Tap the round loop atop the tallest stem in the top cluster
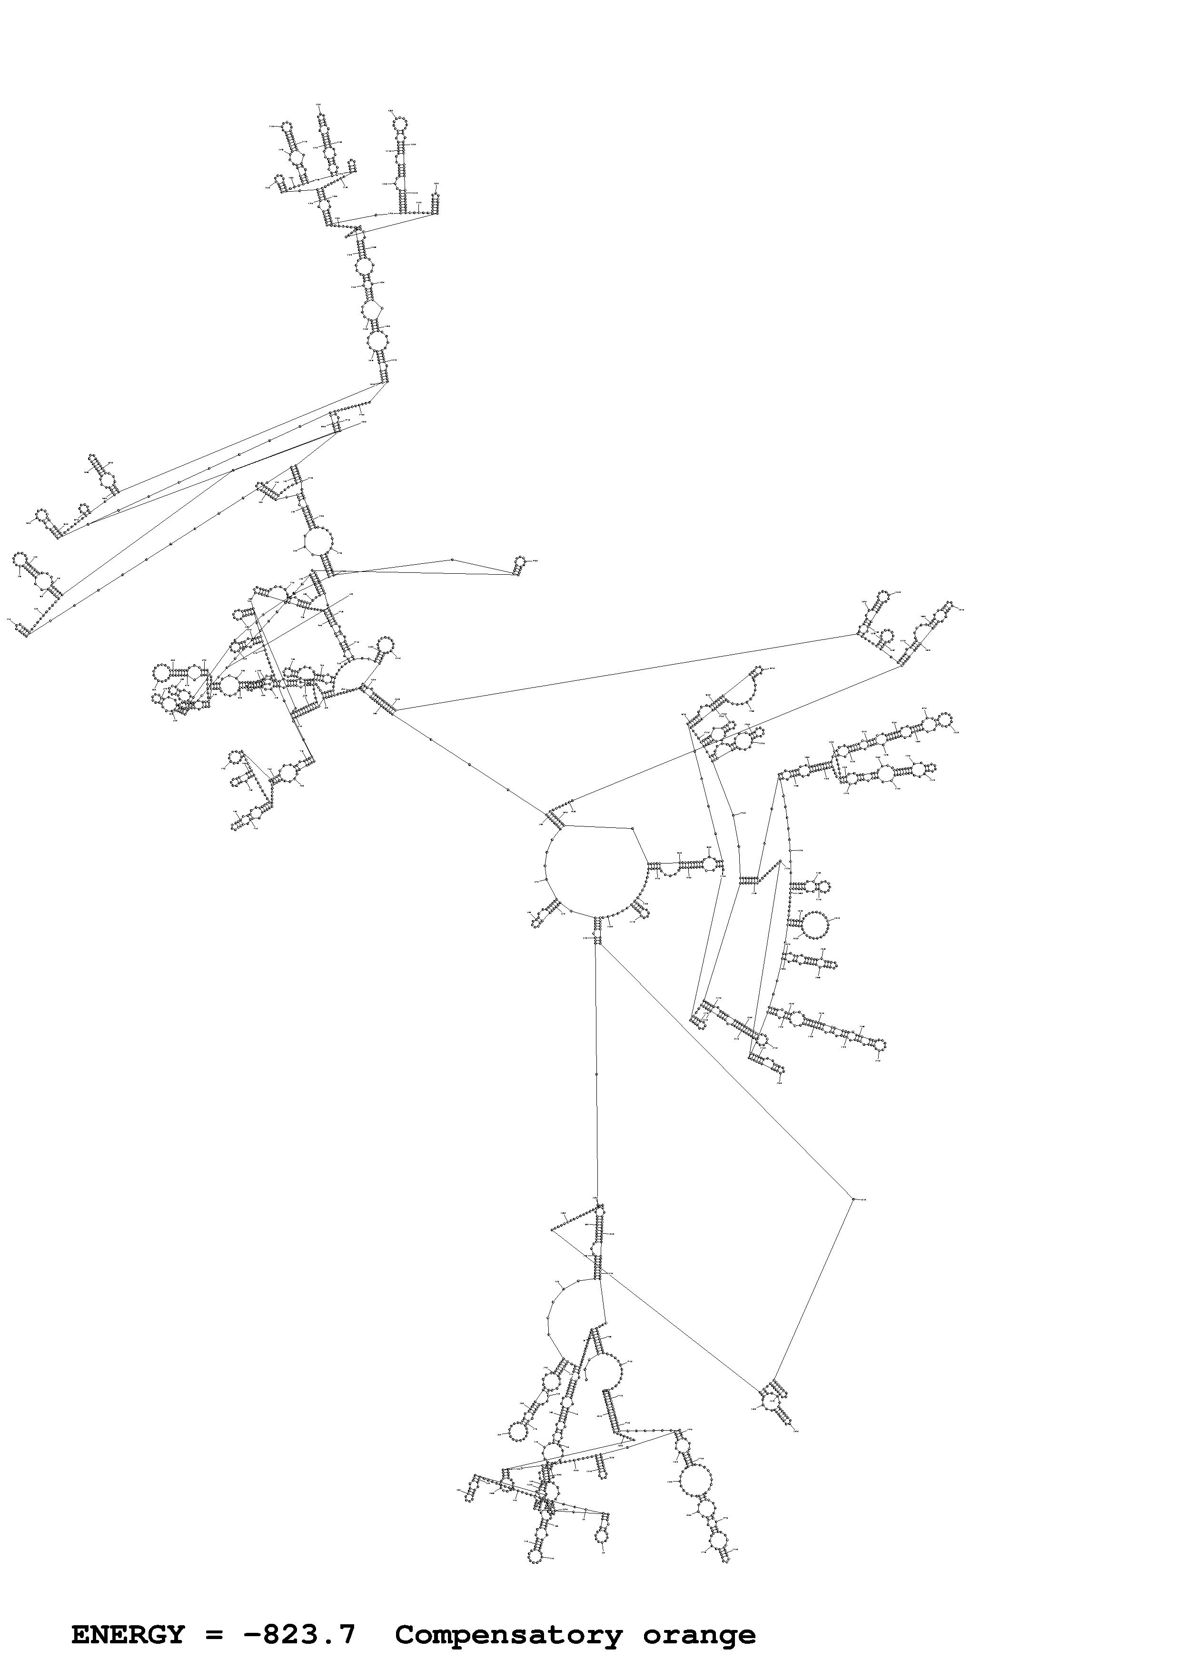click(399, 125)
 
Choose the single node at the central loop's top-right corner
click(635, 828)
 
